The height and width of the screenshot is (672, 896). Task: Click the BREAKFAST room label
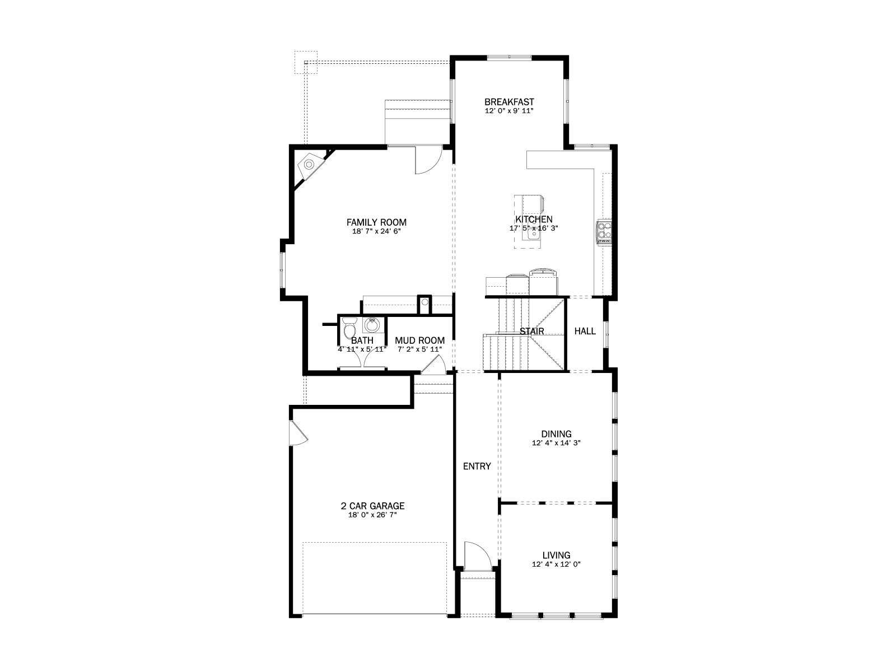509,102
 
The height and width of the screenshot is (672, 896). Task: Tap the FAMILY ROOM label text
376,222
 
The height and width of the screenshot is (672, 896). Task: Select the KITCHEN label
534,219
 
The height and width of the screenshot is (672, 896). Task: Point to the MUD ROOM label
419,340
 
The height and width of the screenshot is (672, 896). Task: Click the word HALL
585,331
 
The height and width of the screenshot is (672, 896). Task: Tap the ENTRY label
477,466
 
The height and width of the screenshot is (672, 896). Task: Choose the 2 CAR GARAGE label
373,506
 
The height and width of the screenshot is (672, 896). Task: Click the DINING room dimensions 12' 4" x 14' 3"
557,443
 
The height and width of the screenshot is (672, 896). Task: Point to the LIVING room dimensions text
557,564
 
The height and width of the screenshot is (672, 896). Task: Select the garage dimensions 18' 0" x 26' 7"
373,515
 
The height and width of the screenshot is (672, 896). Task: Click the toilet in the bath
349,326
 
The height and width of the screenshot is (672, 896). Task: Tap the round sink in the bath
372,325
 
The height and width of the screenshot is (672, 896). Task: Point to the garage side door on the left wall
298,433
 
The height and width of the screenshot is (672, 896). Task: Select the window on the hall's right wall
606,334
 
